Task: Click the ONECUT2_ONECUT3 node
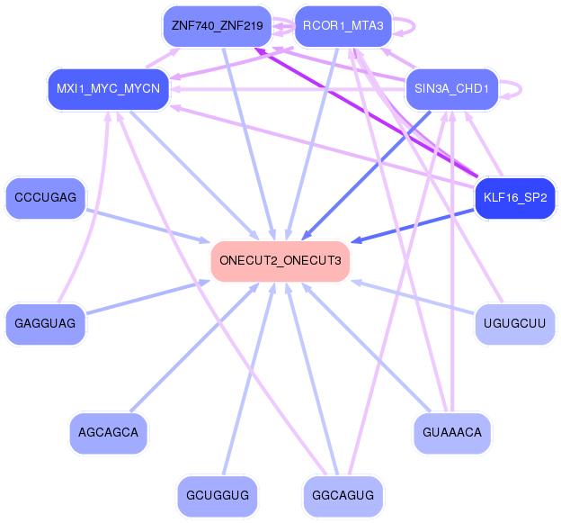click(x=280, y=261)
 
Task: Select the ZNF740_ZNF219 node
click(x=217, y=26)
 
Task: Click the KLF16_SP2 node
click(x=514, y=196)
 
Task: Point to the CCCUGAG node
click(x=45, y=196)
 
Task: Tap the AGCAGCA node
click(x=108, y=432)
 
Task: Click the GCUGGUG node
click(x=217, y=495)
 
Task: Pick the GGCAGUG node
click(x=343, y=495)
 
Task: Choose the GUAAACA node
click(x=452, y=432)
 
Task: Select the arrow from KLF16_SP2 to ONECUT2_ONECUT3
click(x=414, y=225)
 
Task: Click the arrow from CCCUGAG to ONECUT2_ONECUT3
click(x=148, y=226)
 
